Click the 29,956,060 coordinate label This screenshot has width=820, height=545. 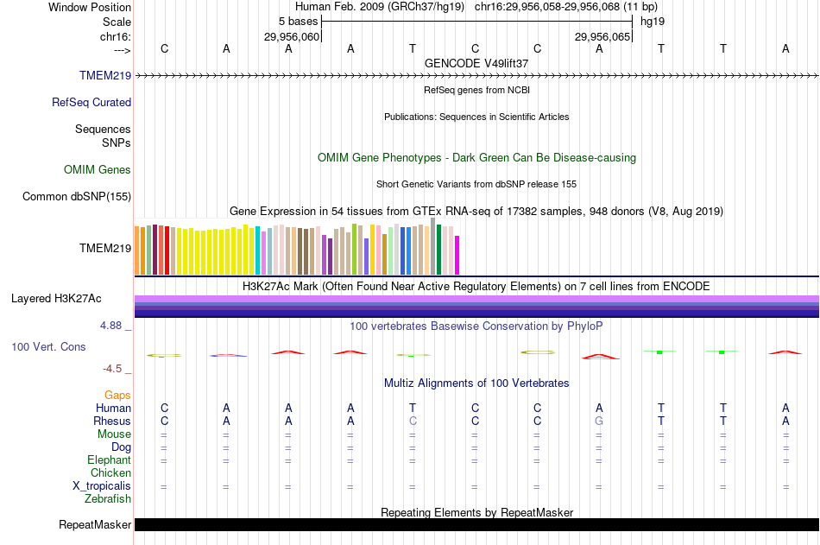[x=292, y=36]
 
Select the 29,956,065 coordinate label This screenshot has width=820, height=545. [x=603, y=36]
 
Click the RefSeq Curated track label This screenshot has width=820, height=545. [x=91, y=102]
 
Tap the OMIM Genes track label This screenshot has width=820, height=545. [x=98, y=169]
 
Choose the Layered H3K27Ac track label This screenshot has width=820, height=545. [x=56, y=299]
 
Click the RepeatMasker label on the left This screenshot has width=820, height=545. [x=95, y=524]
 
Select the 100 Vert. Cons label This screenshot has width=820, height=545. [x=48, y=346]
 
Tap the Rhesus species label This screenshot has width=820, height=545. [x=111, y=421]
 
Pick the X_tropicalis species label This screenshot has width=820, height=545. [x=102, y=485]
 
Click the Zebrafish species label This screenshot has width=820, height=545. [x=108, y=498]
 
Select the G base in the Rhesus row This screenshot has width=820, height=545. [x=599, y=421]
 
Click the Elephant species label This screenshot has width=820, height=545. [x=109, y=459]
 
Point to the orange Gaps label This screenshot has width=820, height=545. [x=117, y=395]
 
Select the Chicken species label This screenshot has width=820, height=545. [x=110, y=472]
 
